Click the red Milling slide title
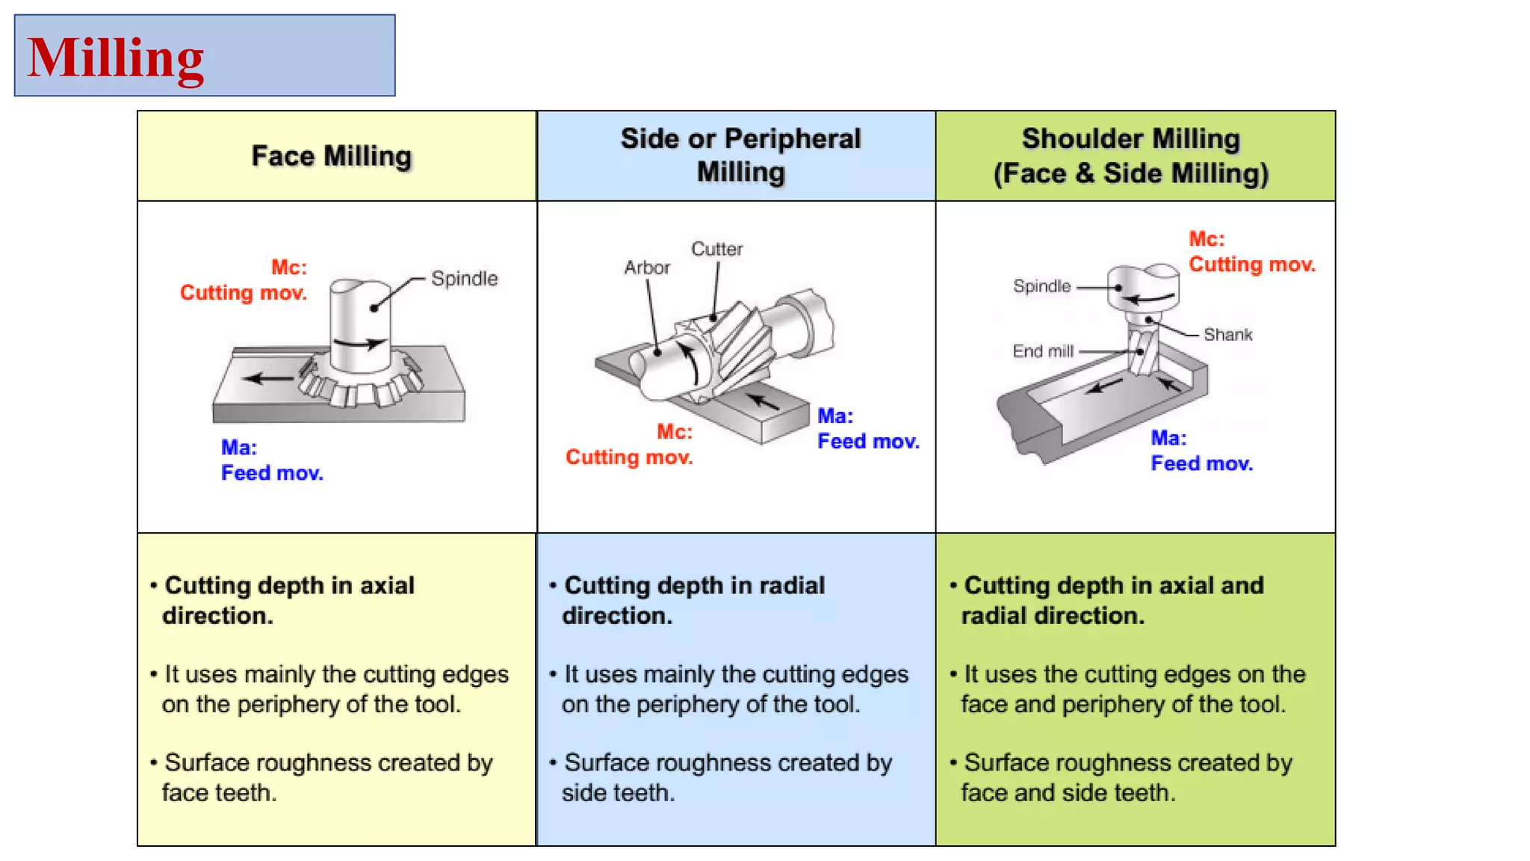click(116, 58)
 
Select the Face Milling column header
click(331, 156)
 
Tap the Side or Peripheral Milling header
click(740, 155)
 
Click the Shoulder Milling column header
click(1130, 155)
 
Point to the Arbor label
click(647, 268)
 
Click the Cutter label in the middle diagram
click(716, 249)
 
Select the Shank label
click(1227, 335)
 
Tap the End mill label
click(1043, 351)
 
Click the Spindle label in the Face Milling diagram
click(464, 279)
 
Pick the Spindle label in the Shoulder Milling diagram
click(1041, 286)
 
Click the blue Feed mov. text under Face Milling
click(272, 473)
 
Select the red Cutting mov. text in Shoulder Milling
click(1252, 265)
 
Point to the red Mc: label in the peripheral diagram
click(674, 432)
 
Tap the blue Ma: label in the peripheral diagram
click(834, 416)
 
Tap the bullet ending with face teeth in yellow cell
click(327, 777)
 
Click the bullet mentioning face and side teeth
click(1127, 777)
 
